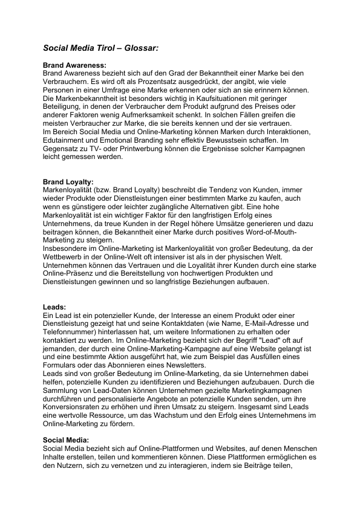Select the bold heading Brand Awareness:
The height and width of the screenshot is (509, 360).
point(74,65)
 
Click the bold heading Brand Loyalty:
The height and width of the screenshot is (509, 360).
point(68,181)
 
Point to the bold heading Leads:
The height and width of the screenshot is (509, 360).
point(54,306)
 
